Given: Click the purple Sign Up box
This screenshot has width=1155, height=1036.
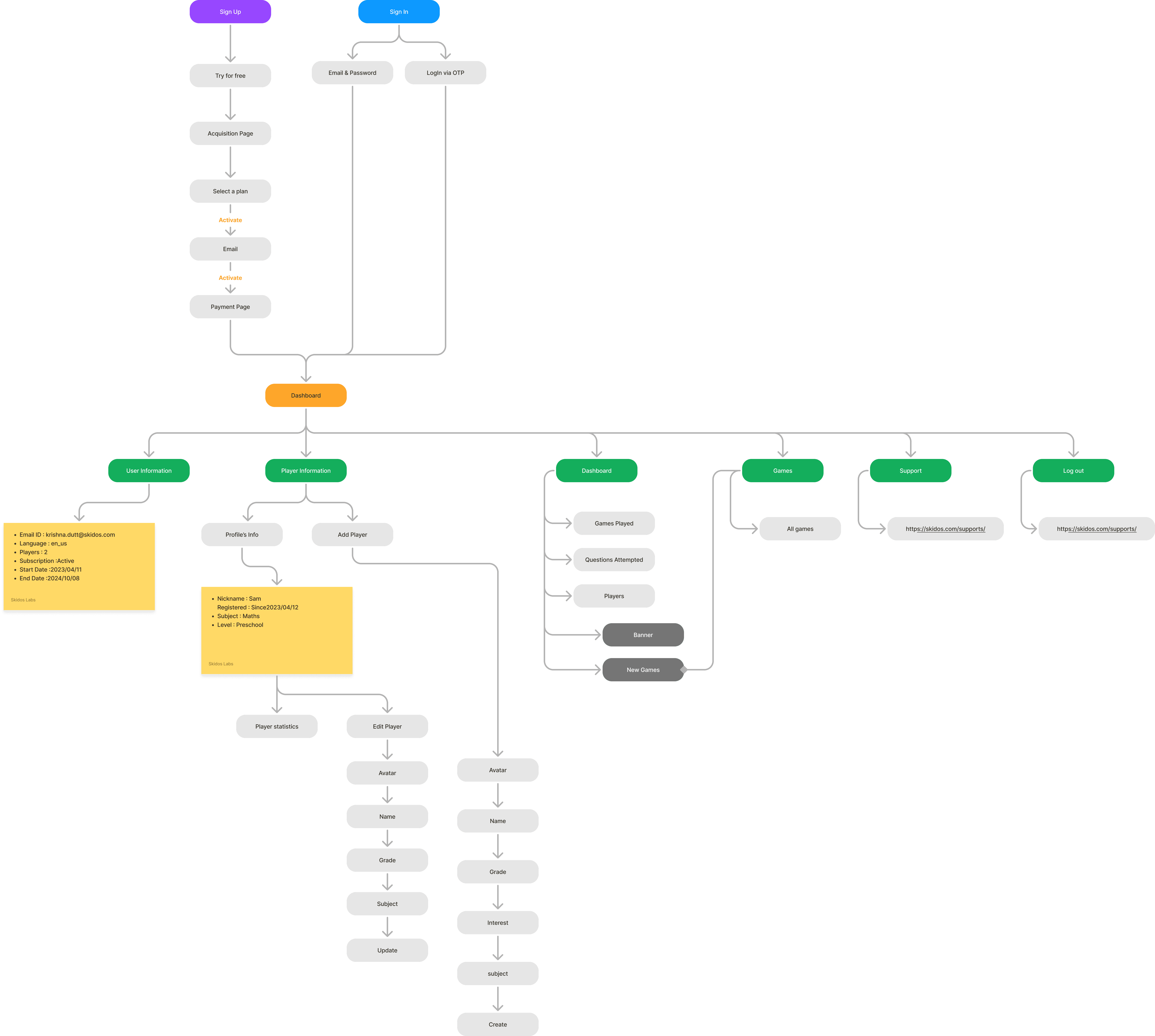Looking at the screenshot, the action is (230, 11).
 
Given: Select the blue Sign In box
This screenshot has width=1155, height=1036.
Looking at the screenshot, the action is (399, 11).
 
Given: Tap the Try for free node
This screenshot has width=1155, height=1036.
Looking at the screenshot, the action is (230, 76).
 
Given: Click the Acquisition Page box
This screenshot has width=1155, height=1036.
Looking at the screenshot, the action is (230, 133).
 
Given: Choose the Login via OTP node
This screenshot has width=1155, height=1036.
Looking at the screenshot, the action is (445, 73).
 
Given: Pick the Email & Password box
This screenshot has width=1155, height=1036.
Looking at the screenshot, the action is (352, 73).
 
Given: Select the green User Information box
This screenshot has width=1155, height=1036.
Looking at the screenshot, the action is (149, 471).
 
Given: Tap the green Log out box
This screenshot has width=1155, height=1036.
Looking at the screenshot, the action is (1073, 471).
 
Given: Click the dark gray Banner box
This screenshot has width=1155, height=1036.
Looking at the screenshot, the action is (643, 635).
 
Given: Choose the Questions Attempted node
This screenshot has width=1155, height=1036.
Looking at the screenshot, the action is (614, 560).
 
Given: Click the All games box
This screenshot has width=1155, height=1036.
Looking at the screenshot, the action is (800, 529).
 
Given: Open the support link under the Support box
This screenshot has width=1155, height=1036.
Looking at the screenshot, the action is (945, 529).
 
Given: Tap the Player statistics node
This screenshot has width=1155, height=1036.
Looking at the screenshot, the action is (277, 726).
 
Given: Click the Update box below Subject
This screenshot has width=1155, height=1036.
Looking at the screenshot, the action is (387, 950).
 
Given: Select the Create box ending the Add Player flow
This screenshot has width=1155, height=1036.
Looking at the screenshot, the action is (498, 1024).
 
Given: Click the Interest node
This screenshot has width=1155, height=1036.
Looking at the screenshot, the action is (498, 923).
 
